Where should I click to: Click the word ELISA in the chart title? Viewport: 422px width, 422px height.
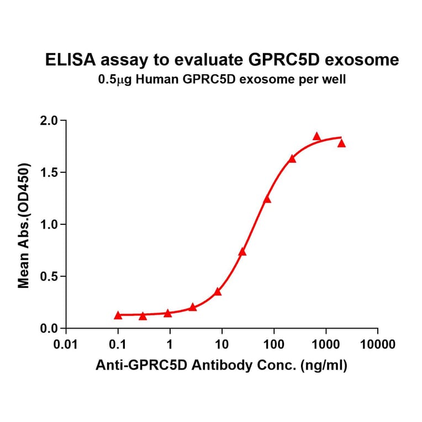click(66, 60)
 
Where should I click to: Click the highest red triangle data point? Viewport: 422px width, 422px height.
click(317, 136)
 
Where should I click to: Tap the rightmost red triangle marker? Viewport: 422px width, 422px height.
click(341, 144)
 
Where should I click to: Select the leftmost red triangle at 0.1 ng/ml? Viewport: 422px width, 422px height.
click(118, 315)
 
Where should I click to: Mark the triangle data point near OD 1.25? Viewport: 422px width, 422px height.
click(267, 199)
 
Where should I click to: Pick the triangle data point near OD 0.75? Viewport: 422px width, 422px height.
click(242, 252)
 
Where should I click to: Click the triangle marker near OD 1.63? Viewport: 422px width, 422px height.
click(292, 159)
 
